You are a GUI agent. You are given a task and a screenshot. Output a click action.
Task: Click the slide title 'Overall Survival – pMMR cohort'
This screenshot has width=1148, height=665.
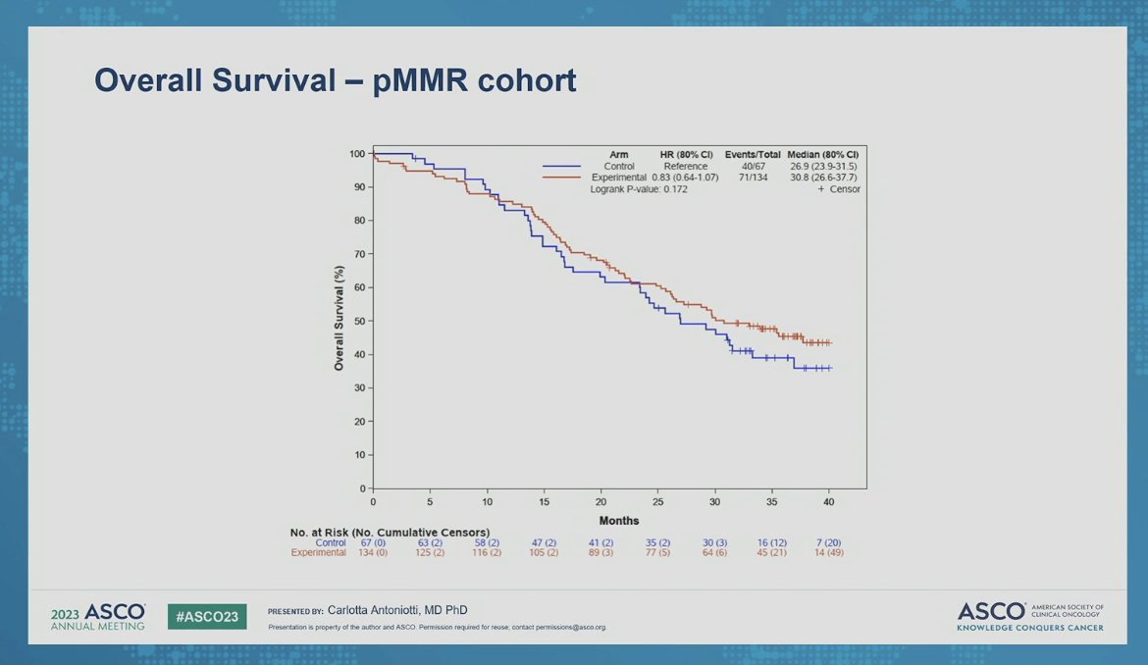click(x=335, y=80)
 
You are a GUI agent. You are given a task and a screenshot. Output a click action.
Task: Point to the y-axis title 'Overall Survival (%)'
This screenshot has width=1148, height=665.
click(x=339, y=318)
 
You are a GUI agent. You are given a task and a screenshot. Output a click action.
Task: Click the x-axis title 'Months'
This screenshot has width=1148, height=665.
click(x=618, y=521)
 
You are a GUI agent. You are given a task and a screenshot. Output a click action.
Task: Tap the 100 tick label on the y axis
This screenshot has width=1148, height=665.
click(x=357, y=154)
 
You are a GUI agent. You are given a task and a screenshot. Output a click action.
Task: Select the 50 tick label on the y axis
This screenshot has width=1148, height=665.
click(x=359, y=321)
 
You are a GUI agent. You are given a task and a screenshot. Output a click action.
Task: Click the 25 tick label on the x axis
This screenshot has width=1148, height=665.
click(x=657, y=501)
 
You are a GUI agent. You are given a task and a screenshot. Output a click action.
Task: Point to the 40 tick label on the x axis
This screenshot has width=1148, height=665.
click(x=828, y=501)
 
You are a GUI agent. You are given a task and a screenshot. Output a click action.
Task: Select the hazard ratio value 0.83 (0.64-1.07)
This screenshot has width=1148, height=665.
click(x=684, y=178)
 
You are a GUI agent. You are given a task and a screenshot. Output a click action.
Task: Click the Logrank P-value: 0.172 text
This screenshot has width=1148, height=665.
click(x=639, y=189)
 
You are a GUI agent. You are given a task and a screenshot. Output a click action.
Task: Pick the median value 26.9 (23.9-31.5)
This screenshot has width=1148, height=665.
click(x=822, y=166)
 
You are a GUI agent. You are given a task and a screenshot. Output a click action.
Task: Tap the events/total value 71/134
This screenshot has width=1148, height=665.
click(x=753, y=178)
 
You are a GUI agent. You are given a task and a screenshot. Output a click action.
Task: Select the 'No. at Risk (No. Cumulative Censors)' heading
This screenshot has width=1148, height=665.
click(x=390, y=532)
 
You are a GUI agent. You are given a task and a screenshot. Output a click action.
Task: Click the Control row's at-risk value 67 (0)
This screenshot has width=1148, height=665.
click(x=373, y=542)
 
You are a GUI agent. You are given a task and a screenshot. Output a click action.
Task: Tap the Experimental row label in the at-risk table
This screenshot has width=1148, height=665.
click(x=318, y=553)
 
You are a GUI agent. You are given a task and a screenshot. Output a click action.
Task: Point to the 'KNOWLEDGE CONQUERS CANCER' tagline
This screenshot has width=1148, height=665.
click(x=1029, y=628)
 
